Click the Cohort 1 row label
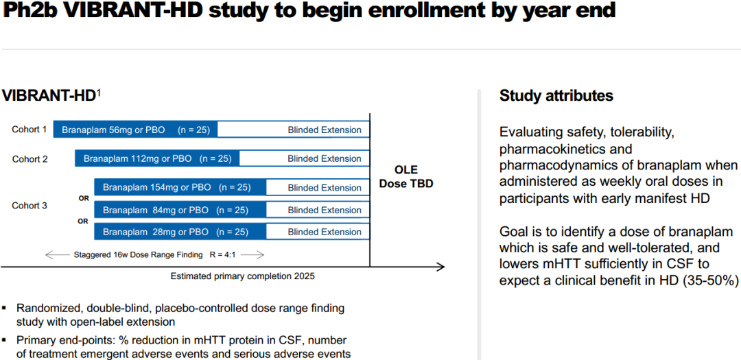click(30, 129)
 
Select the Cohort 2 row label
click(30, 158)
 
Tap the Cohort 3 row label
click(30, 206)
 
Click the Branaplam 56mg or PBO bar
click(135, 130)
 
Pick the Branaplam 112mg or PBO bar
click(157, 158)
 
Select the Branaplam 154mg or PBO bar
click(180, 188)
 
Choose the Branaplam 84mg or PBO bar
click(180, 210)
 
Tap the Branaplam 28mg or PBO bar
click(180, 232)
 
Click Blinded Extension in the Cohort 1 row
click(325, 130)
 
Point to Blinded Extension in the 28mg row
click(325, 232)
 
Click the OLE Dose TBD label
click(406, 176)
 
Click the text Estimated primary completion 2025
click(242, 276)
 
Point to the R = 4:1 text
click(222, 254)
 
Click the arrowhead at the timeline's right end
click(441, 267)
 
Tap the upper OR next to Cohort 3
click(84, 199)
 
